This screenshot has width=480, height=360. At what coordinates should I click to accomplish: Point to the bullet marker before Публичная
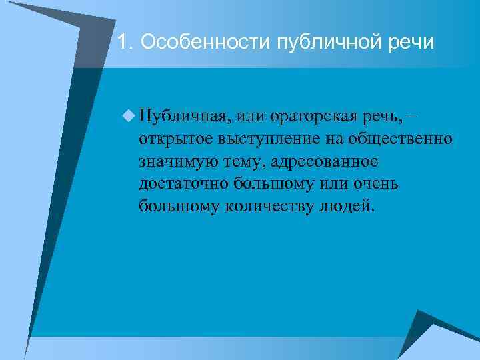(x=127, y=117)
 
